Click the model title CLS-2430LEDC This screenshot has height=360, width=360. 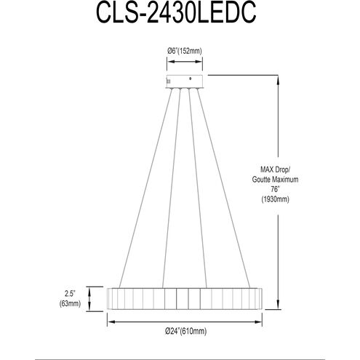pos(176,12)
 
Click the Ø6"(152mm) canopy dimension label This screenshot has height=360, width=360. pos(185,51)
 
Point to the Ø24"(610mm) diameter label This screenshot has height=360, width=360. pos(186,331)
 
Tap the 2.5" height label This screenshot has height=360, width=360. pos(69,294)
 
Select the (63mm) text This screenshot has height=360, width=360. pos(70,303)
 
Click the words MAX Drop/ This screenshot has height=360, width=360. pos(275,169)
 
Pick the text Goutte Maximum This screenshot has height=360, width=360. pos(275,180)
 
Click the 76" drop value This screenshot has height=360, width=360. pos(275,189)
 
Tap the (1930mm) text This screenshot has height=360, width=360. pos(275,199)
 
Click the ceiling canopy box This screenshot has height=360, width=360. pos(185,81)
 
